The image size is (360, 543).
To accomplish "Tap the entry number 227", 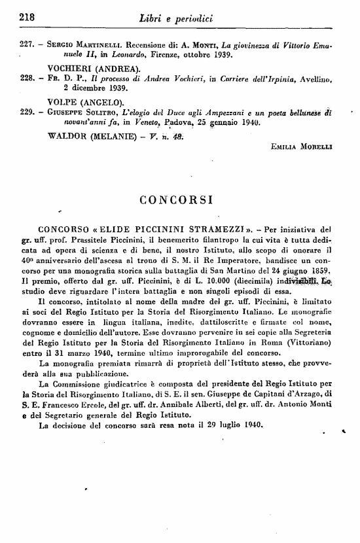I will (x=29, y=44).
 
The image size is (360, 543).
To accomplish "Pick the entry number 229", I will (x=29, y=112).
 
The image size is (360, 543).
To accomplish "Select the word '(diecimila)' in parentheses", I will (x=241, y=281).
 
